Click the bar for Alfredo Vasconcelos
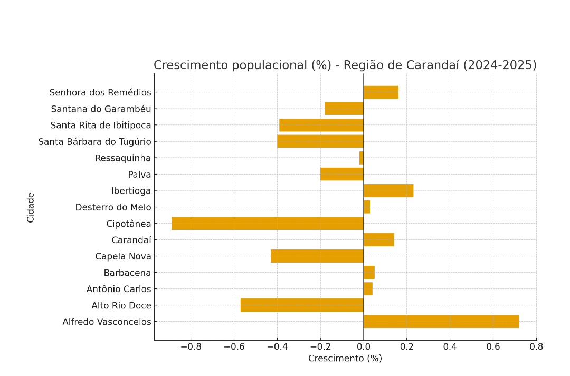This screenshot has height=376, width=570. coord(441,322)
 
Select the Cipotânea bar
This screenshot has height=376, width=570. coord(268,224)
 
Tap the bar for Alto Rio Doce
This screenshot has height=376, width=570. coord(302,305)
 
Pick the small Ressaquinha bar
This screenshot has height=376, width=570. coord(362,158)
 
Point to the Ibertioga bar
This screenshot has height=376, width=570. coord(388,191)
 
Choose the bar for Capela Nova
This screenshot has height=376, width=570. coord(317,256)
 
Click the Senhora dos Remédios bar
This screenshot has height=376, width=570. coord(381,92)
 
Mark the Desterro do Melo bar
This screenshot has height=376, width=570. coord(367,207)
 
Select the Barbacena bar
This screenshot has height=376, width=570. coord(369,273)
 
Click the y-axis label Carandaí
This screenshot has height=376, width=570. coord(131,240)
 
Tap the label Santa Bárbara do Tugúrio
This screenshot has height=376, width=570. coord(94,142)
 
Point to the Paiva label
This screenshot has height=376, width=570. coord(139,175)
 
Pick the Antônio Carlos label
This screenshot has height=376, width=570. coord(119,289)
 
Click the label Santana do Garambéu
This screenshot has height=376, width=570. coord(101,109)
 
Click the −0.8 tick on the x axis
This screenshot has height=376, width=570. coord(191,346)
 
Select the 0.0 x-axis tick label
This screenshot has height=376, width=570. coord(364,346)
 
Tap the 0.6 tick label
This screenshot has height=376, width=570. coord(493,346)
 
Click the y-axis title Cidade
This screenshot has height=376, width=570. coord(31,207)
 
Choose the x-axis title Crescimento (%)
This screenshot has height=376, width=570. coord(345,359)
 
